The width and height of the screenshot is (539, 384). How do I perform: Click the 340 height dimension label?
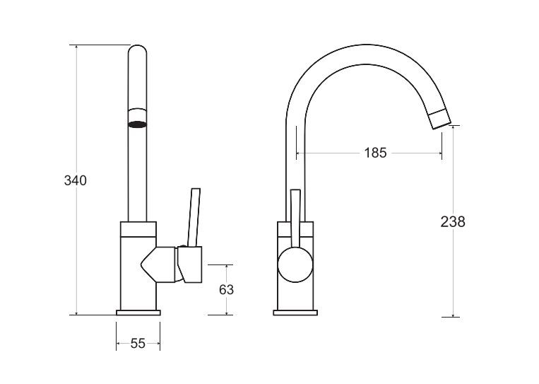76,180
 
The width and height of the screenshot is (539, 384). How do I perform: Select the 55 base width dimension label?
138,344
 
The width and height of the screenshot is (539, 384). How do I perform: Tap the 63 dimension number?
226,290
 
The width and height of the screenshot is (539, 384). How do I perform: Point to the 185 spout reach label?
375,153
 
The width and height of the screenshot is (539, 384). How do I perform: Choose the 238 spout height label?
453,221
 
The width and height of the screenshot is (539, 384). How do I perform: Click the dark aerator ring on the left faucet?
138,124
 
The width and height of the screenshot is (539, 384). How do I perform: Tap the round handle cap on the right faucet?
295,264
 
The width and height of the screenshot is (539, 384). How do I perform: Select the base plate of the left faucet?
138,313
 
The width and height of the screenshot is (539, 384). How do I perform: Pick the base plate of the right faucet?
295,313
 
